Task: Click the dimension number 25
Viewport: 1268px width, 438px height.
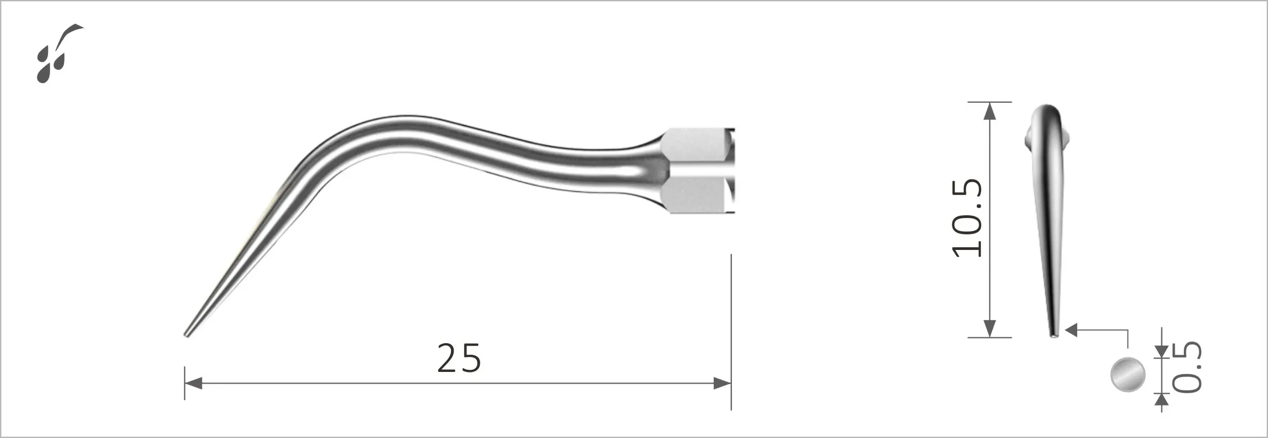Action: tap(459, 358)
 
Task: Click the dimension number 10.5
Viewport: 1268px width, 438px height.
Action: tap(967, 218)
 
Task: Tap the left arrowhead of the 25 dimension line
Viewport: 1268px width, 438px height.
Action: tap(193, 383)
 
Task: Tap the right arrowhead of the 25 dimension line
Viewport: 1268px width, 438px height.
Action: tap(722, 383)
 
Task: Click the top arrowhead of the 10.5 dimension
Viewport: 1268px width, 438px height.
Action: tap(989, 110)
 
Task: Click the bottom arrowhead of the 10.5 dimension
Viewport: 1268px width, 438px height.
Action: tap(989, 328)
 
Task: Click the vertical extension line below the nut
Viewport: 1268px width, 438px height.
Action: tap(731, 330)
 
